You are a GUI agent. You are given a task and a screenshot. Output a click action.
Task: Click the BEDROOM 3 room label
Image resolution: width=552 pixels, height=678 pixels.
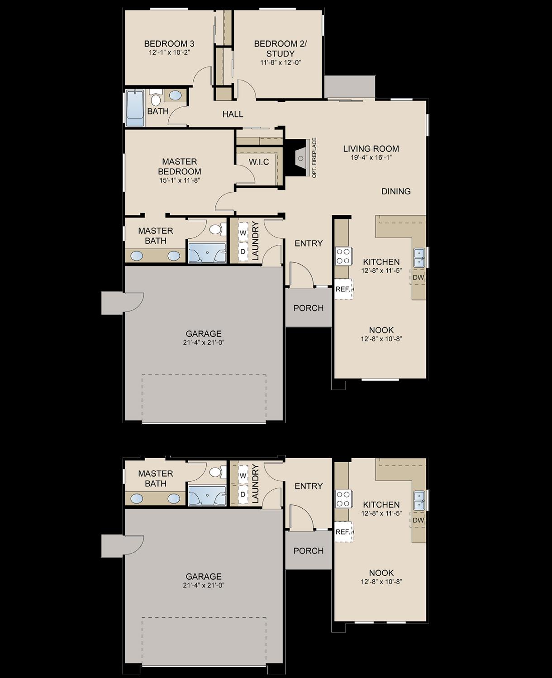coord(169,44)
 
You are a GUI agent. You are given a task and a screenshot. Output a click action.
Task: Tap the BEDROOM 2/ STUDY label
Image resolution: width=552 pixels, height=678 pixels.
coord(280,49)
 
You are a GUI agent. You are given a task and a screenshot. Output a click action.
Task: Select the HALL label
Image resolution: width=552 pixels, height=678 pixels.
coord(233,114)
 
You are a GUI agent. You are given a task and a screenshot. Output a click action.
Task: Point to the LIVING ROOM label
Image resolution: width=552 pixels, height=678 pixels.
coord(371,148)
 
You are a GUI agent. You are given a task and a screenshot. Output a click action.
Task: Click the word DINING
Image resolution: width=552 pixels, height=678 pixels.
coord(396,191)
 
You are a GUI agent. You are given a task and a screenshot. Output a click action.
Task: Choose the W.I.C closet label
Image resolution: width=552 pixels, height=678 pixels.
coord(259,162)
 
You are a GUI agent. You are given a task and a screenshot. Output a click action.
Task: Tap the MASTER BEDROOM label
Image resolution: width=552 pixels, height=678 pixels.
coord(179,166)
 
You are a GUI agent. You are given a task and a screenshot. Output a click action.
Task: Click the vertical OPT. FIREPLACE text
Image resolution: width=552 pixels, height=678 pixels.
coord(314,158)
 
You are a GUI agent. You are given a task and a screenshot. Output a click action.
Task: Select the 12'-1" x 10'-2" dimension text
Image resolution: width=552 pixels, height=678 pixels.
coord(169,52)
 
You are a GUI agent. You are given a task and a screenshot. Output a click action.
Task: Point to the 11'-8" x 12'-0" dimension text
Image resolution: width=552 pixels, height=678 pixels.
coord(281,63)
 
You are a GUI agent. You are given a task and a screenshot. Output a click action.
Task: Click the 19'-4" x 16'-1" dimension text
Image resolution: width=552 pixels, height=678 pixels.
coord(371,157)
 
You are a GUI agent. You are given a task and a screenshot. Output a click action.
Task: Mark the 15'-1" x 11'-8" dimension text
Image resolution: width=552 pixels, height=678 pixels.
coord(179,180)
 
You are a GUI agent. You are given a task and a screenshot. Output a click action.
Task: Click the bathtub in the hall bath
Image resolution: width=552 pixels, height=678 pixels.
coord(135,109)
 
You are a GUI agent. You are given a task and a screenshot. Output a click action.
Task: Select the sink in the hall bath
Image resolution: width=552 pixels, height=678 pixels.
coord(176,95)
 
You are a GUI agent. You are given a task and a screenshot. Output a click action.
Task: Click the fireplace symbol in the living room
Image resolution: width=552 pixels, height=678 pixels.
coord(300,157)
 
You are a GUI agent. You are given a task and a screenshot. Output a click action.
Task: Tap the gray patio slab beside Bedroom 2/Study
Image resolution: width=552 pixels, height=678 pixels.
coord(349,86)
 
